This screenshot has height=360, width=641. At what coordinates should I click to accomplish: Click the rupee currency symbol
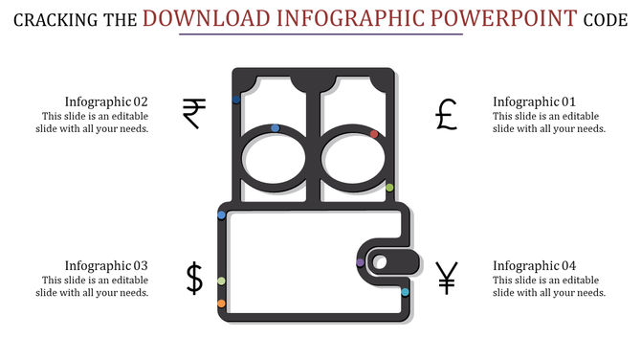click(x=194, y=113)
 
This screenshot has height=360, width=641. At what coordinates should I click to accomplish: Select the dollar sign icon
click(x=194, y=278)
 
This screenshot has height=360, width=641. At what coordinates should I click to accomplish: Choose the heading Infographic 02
click(x=106, y=101)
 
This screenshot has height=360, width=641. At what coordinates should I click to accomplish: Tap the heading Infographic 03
click(x=106, y=265)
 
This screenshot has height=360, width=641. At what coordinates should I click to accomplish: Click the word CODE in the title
click(x=607, y=19)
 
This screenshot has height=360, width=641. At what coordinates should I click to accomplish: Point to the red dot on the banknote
click(x=374, y=134)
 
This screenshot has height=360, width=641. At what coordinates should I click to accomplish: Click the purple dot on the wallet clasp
click(x=360, y=262)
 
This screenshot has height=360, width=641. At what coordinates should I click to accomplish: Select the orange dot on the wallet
click(x=221, y=304)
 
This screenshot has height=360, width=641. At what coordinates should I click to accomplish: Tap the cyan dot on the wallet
click(x=405, y=291)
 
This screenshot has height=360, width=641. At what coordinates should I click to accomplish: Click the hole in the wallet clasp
click(x=380, y=261)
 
